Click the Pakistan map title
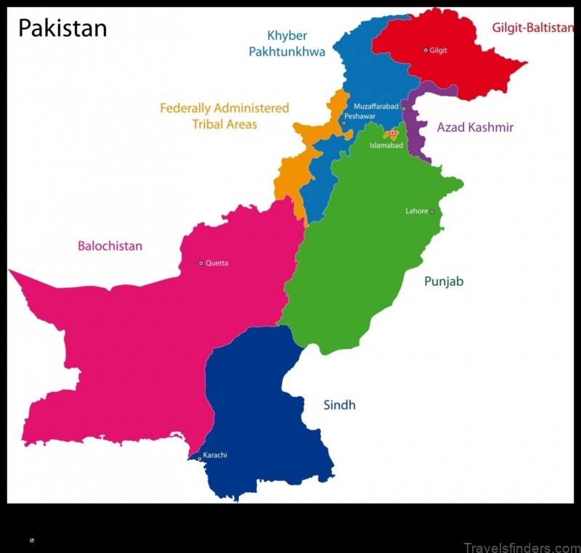62,28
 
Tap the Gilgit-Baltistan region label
532,28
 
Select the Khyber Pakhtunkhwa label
286,44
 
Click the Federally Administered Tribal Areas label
224,116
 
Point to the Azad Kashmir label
475,128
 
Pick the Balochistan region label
110,246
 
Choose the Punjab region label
444,282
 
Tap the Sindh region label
339,405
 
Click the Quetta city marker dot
201,263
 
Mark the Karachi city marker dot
199,458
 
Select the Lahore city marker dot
431,212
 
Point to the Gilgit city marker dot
426,50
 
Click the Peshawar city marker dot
344,123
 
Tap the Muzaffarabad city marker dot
404,109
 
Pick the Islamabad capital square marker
393,133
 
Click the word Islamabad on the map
386,145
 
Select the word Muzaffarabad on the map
376,107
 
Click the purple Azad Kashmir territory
417,138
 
